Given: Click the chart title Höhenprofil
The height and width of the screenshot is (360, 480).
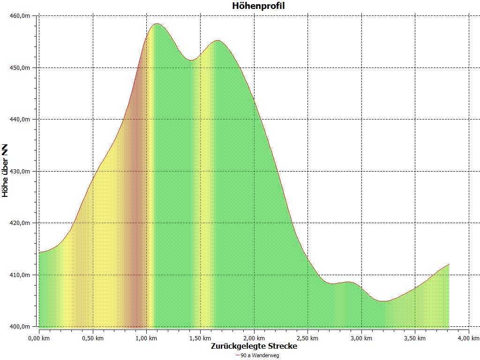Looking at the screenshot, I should [x=258, y=6].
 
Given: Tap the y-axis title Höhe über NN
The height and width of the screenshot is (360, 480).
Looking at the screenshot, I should [x=6, y=171].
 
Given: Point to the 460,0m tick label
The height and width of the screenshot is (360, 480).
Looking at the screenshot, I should [x=20, y=16].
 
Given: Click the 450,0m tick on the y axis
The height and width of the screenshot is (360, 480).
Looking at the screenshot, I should [x=20, y=68].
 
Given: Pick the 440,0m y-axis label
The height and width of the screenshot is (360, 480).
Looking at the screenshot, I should [x=20, y=120].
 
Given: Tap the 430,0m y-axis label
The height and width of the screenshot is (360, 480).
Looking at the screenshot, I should [x=20, y=172].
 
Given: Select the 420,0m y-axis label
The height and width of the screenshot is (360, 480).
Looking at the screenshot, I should [x=20, y=223].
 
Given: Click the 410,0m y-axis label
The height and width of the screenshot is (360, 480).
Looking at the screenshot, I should [x=20, y=275].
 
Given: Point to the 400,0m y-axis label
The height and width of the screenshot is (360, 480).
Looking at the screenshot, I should [x=20, y=327].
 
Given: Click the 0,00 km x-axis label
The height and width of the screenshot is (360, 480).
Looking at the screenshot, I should [x=39, y=338].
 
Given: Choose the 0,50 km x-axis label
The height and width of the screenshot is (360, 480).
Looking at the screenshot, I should [x=93, y=338].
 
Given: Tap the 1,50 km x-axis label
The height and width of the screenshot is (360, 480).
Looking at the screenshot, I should [x=200, y=338].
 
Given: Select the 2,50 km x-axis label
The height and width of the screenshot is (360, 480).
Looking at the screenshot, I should [x=307, y=338].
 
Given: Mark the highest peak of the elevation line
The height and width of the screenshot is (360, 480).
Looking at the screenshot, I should [x=157, y=24].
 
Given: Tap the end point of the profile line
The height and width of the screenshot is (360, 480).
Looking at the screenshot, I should [x=449, y=264].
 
